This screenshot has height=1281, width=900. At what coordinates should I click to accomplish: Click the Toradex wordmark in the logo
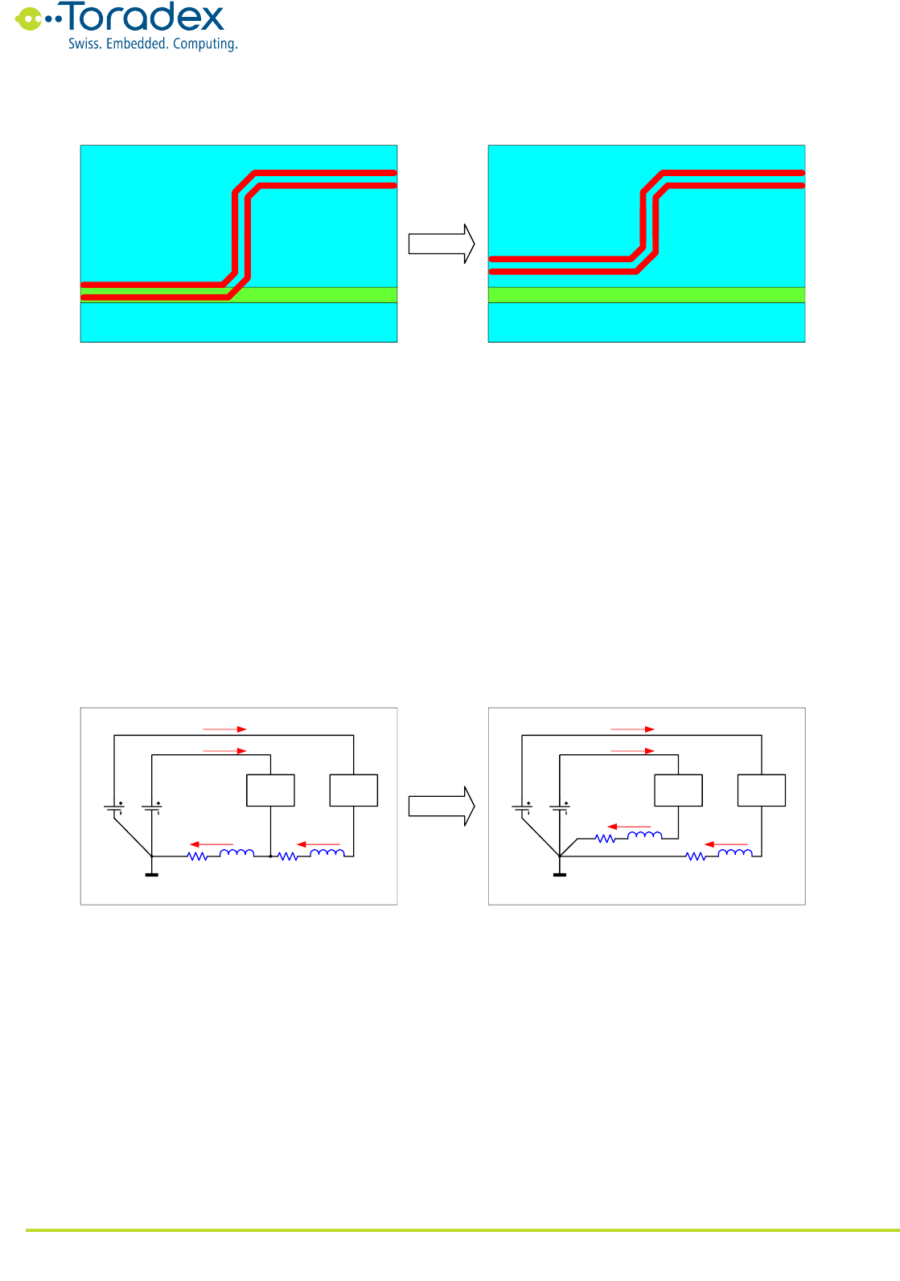(145, 18)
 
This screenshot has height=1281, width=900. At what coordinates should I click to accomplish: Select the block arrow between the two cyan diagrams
(442, 244)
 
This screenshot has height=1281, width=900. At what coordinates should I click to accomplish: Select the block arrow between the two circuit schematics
(442, 806)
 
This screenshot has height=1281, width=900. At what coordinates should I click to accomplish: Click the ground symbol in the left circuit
(151, 874)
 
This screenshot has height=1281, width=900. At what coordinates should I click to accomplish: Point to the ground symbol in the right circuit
(560, 874)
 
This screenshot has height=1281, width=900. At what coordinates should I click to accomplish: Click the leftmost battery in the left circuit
(114, 807)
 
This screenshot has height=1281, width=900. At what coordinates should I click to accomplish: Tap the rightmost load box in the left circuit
(354, 790)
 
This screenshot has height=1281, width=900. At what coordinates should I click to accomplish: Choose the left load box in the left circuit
(270, 790)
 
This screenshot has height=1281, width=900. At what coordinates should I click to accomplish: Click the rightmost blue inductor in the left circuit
(327, 852)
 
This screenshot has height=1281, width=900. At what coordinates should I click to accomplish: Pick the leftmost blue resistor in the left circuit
(198, 856)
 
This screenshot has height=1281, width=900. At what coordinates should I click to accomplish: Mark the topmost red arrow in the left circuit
(224, 729)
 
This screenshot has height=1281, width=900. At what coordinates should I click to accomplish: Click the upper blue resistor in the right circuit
(606, 839)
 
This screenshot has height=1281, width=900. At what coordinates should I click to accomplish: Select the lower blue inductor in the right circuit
(735, 852)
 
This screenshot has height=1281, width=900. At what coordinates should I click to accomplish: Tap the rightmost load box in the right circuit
(762, 790)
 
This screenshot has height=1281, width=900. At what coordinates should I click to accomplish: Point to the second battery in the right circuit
(560, 807)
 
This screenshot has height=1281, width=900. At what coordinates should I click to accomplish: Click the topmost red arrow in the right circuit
(632, 729)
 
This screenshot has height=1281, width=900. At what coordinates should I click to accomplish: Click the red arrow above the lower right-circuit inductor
(726, 844)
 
